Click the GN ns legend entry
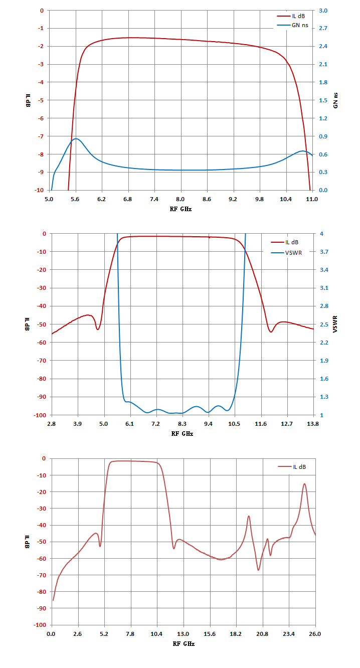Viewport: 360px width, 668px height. pos(293,25)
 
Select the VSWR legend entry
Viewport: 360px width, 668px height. pos(286,253)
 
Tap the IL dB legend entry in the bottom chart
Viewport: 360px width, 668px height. pos(292,467)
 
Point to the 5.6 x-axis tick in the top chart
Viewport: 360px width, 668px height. pos(75,199)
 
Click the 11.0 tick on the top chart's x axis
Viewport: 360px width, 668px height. pos(312,199)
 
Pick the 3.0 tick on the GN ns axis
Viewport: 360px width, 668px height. pos(323,11)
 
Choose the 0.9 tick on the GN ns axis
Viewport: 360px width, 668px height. pos(323,136)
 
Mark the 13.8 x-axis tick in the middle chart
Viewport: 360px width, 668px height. pos(313,423)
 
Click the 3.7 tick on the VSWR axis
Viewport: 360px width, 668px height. pos(324,252)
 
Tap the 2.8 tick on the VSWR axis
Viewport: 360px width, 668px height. pos(324,306)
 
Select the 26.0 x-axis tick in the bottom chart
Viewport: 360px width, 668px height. pos(315,634)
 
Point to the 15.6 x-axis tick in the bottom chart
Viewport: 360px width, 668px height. pos(210,634)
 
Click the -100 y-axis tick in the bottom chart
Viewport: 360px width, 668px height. pos(40,625)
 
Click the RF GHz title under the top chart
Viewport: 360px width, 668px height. pos(181,209)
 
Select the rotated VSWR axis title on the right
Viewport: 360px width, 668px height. pos(335,324)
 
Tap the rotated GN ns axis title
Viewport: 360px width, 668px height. pos(335,100)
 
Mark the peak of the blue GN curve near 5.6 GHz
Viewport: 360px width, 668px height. pos(76,139)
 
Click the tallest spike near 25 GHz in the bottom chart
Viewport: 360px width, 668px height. pos(304,484)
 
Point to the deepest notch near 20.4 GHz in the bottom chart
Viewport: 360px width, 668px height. pos(259,570)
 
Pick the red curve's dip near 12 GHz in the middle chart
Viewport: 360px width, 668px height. pos(271,332)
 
